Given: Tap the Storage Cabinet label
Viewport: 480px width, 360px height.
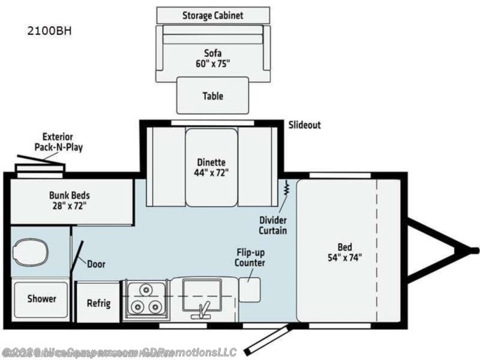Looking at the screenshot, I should tap(213, 15).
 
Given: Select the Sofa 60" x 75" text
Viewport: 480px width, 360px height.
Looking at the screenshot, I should tap(213, 58).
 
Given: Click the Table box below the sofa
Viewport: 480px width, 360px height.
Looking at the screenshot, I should tap(213, 96).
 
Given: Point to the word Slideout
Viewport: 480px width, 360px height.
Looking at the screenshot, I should tap(304, 125).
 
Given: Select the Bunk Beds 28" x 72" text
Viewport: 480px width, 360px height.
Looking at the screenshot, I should tap(70, 200).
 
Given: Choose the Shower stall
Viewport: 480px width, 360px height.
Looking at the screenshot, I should tap(42, 299).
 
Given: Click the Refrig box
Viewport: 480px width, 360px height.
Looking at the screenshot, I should tap(98, 302).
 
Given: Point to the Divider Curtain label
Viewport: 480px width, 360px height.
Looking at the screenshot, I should tap(272, 225).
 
